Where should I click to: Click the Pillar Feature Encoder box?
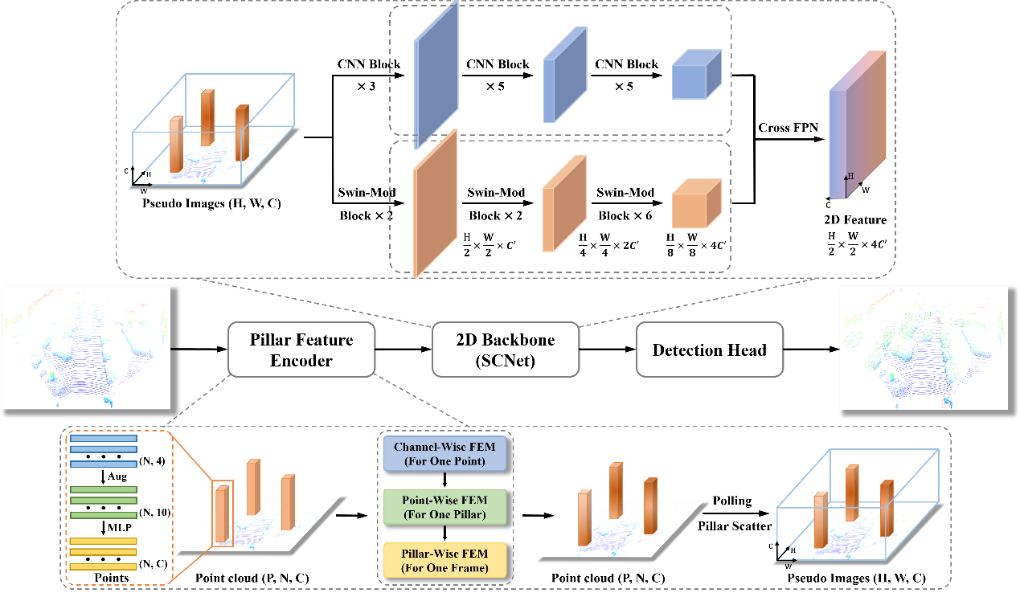pos(301,350)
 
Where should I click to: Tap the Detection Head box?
pos(709,350)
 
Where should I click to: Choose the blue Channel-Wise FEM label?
pos(445,454)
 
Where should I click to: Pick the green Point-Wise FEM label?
pos(445,507)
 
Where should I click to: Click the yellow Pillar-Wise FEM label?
pos(445,560)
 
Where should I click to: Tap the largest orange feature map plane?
pos(435,203)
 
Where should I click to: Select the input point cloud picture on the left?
pos(87,347)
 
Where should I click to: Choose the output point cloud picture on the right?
pos(923,347)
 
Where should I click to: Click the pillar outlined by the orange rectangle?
pos(223,513)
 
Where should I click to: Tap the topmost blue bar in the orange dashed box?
pos(104,439)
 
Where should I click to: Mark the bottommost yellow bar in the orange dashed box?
pos(104,566)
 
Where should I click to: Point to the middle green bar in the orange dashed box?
pos(104,501)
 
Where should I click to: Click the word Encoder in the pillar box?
pos(301,361)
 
